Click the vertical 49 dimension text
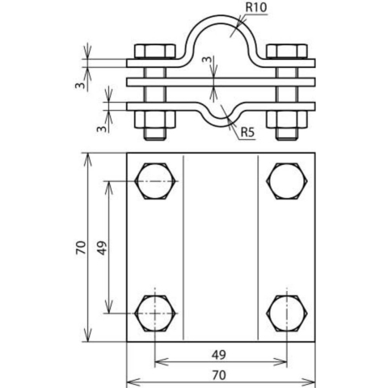pos(102,247)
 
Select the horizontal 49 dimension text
pos(221,352)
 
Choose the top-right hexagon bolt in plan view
pos(287,181)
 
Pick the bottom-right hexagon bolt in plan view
pos(287,313)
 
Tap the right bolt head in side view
pos(287,52)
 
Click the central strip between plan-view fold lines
pos(221,247)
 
